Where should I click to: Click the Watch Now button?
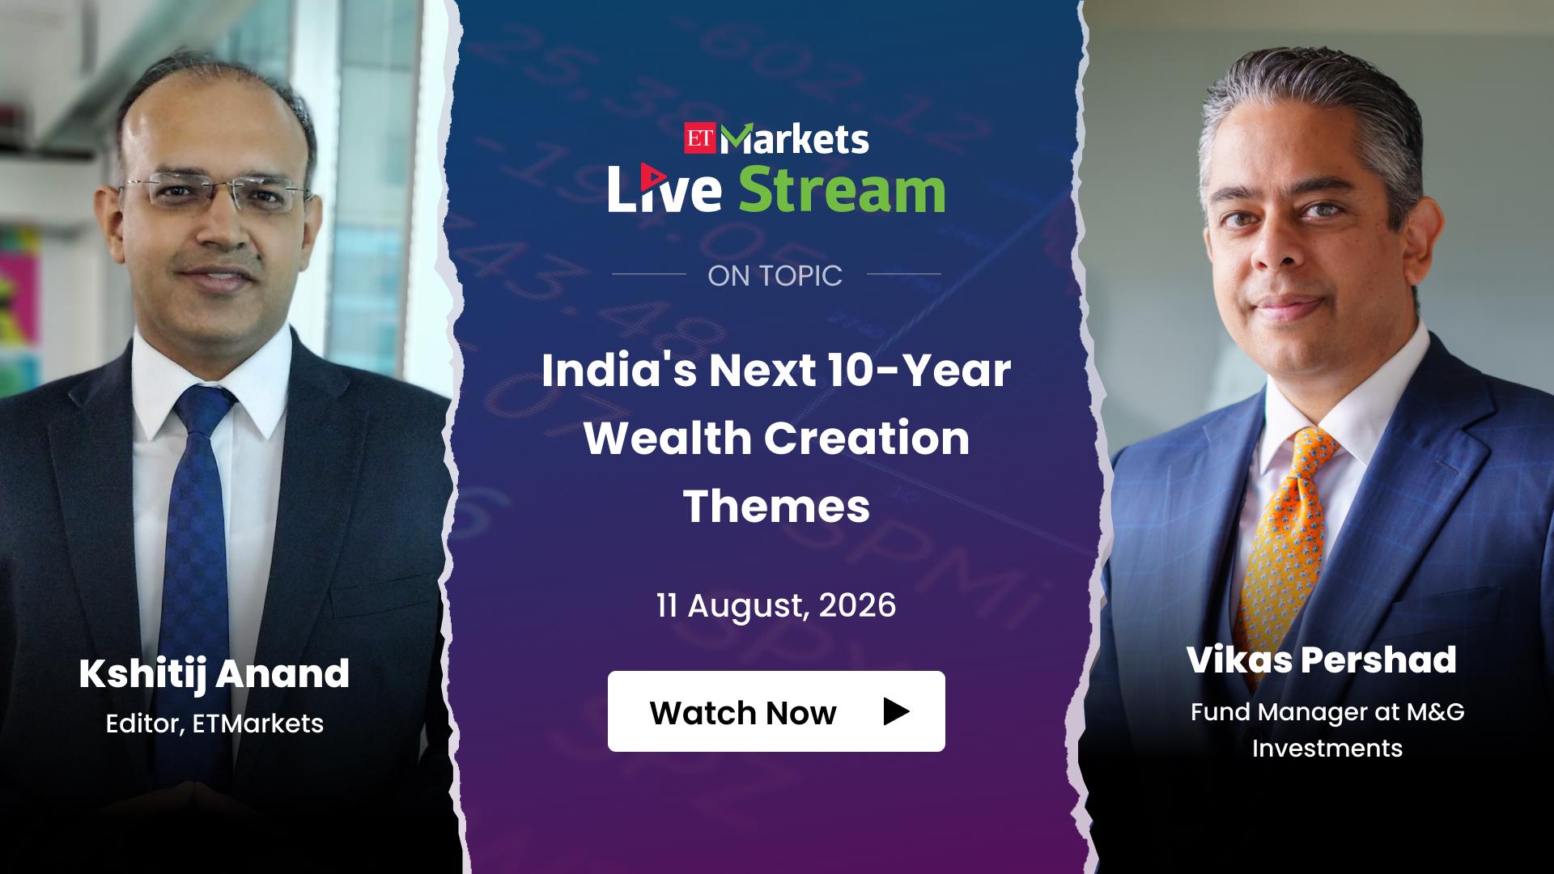point(776,711)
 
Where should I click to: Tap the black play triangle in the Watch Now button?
point(896,711)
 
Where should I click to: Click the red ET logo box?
point(701,140)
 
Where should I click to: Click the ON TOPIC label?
point(775,276)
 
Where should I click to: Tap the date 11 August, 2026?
point(776,606)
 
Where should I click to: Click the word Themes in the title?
point(777,506)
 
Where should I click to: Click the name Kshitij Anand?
point(214,674)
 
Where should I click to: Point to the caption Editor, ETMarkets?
point(214,723)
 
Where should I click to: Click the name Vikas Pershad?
point(1322,660)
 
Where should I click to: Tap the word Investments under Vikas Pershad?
point(1327,748)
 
